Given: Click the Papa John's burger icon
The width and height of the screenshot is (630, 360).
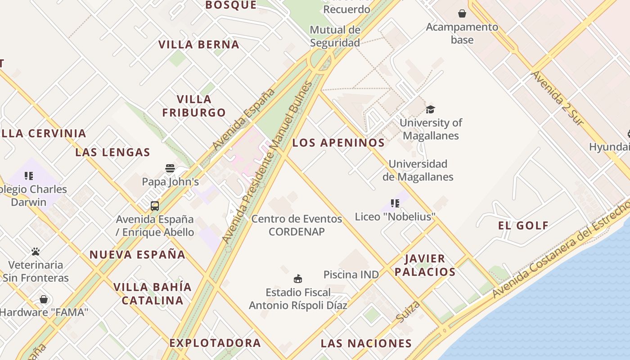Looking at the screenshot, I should pyautogui.click(x=170, y=168).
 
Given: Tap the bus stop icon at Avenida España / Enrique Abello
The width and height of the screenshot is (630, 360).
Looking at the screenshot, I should pyautogui.click(x=155, y=206).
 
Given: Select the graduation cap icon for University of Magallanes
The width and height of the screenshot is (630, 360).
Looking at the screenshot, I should pyautogui.click(x=431, y=109).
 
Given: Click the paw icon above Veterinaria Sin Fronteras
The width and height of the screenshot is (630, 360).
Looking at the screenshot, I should pyautogui.click(x=36, y=252).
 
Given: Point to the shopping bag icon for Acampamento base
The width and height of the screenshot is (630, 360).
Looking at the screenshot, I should pyautogui.click(x=462, y=13).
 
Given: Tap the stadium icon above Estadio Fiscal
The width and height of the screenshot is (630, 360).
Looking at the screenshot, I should pyautogui.click(x=298, y=279).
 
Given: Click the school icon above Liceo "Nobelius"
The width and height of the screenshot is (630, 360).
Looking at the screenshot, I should pyautogui.click(x=395, y=203).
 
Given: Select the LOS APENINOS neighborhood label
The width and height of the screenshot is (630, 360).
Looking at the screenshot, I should pyautogui.click(x=338, y=143).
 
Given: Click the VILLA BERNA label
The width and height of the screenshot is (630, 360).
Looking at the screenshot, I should pyautogui.click(x=199, y=45).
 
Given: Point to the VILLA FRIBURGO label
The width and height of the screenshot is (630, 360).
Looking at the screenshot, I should pyautogui.click(x=194, y=106).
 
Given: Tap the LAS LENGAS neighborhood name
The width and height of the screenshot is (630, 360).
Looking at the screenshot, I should pyautogui.click(x=112, y=152).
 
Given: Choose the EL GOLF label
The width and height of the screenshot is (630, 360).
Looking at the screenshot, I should pyautogui.click(x=523, y=225).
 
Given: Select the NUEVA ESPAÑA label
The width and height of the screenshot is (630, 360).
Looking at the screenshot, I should pyautogui.click(x=137, y=255).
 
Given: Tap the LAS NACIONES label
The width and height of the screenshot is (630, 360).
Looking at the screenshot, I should pyautogui.click(x=366, y=343).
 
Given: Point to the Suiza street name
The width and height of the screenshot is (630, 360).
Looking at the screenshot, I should pyautogui.click(x=408, y=311).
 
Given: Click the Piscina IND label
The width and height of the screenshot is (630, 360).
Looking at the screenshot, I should pyautogui.click(x=351, y=274).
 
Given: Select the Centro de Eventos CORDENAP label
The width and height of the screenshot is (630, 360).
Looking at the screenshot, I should pyautogui.click(x=297, y=225).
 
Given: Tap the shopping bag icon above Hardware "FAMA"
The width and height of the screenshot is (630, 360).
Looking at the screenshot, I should pyautogui.click(x=44, y=299).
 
